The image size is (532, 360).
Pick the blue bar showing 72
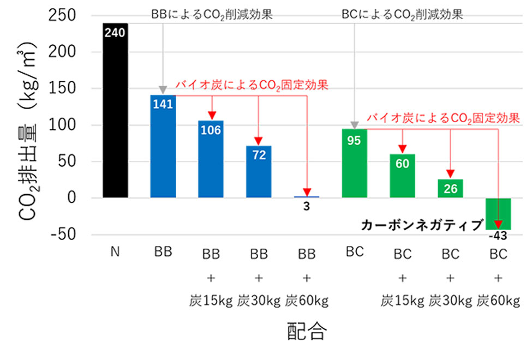pyautogui.click(x=259, y=172)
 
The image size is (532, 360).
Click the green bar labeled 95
pyautogui.click(x=354, y=164)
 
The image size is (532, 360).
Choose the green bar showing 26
pyautogui.click(x=450, y=188)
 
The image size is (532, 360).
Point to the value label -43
pyautogui.click(x=498, y=236)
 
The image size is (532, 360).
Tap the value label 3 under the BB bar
pyautogui.click(x=307, y=208)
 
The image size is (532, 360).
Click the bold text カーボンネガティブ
pyautogui.click(x=422, y=225)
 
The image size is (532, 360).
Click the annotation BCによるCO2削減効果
pyautogui.click(x=402, y=15)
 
